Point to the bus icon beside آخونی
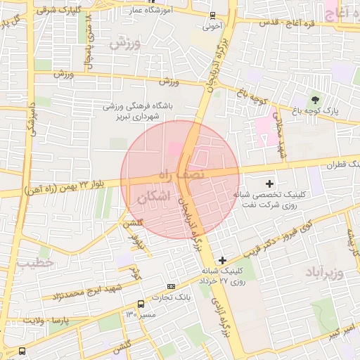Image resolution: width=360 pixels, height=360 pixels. tap(212, 16)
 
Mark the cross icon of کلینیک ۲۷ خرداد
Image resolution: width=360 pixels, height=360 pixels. tap(223, 260)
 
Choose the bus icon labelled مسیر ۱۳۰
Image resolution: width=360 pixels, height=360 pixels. tap(142, 304)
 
